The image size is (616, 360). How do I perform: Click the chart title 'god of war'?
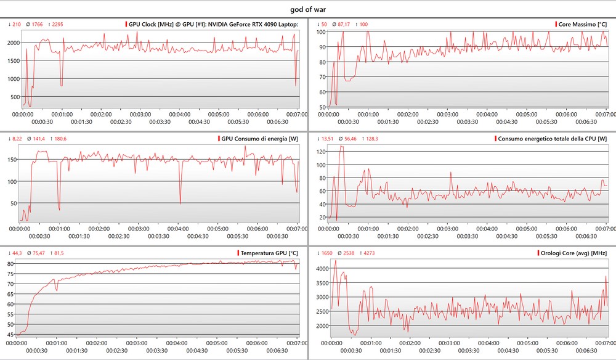pos(307,9)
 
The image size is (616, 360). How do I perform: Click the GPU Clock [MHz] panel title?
pos(213,25)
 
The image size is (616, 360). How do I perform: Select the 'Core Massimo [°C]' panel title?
pos(582,25)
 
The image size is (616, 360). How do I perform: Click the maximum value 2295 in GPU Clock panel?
pos(57,25)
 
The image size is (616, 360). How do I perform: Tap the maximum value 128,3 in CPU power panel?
pos(372,139)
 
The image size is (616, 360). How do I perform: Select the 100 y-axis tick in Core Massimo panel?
pos(321,31)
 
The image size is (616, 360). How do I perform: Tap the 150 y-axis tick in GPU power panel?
pos(12,160)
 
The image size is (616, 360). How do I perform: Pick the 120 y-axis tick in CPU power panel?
pos(320,150)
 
